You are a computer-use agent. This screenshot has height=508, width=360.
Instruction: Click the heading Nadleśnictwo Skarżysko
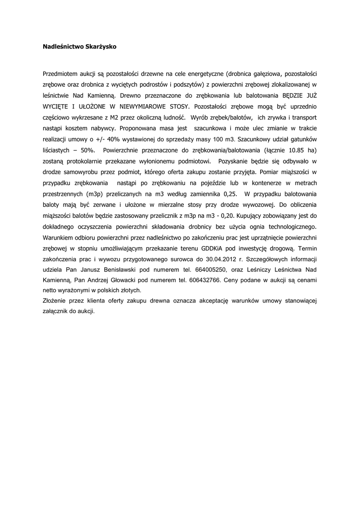pos(79,46)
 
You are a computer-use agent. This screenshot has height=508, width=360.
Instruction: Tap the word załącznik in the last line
pos(57,312)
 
